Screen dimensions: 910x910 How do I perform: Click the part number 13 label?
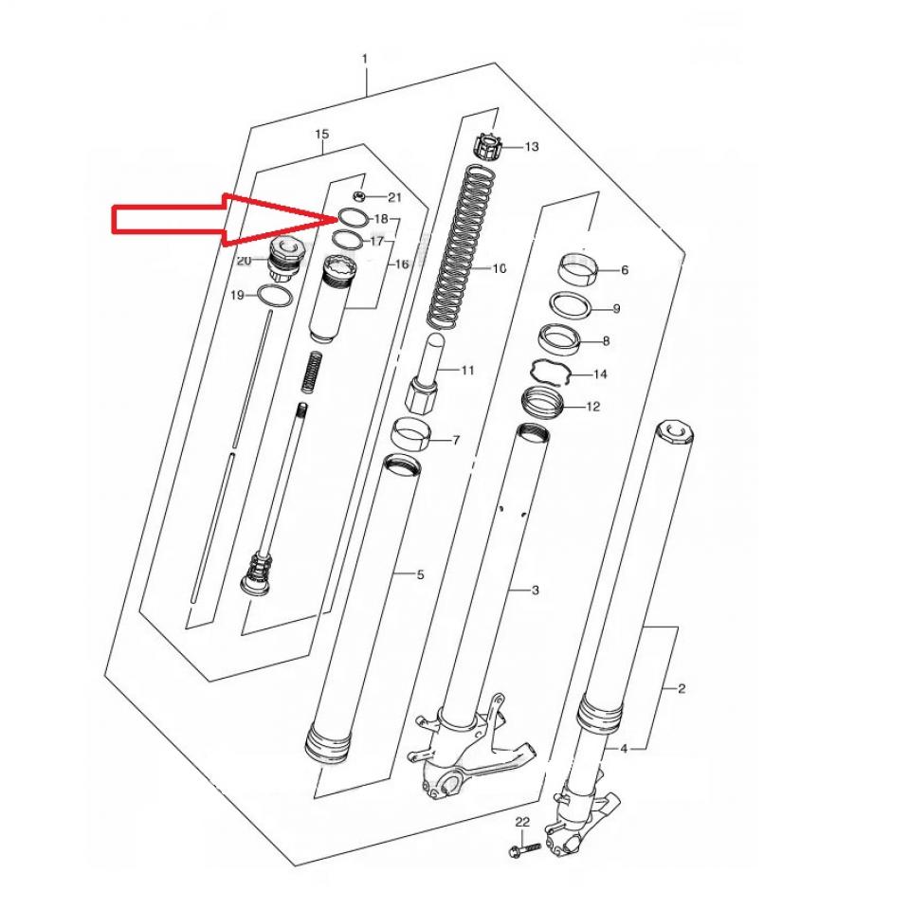pos(532,147)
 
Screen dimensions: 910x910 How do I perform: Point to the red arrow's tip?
pos(336,218)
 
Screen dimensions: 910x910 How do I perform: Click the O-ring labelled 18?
pos(353,218)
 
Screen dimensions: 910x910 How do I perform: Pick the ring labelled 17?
pos(347,239)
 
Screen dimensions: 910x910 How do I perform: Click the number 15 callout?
pos(321,134)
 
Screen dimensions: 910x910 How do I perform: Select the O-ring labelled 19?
pos(274,296)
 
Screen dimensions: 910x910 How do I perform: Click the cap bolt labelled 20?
pos(284,262)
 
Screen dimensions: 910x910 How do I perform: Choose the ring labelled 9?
pos(572,306)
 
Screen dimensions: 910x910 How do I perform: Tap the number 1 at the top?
pos(364,59)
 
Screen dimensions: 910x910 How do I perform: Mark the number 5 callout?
pos(420,574)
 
